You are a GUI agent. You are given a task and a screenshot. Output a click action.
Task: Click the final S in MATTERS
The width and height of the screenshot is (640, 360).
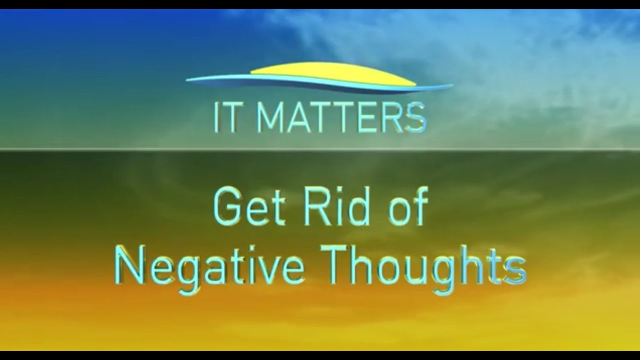click(x=416, y=118)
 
